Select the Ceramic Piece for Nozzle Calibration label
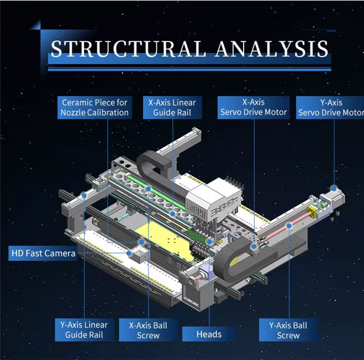point(95,107)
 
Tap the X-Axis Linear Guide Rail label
point(172,107)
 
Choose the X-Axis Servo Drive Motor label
point(253,107)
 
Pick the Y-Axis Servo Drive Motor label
point(330,107)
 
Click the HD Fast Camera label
point(43,254)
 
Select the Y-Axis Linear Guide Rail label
point(84,330)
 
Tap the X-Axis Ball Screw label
point(148,330)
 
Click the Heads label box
point(208,334)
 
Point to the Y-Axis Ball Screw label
point(288,330)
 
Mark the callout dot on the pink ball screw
point(288,225)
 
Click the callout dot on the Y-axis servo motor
point(334,189)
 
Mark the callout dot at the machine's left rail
point(83,195)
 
